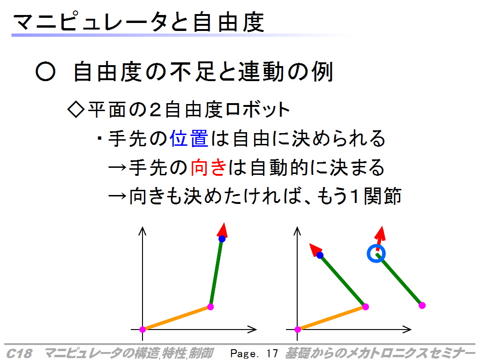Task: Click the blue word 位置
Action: tap(189, 139)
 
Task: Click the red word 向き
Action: tap(209, 167)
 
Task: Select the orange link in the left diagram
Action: tap(176, 318)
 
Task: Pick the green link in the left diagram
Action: tap(216, 272)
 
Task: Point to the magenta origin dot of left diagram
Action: tap(142, 330)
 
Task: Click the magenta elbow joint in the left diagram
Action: tap(210, 307)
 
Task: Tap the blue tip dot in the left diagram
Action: tap(222, 239)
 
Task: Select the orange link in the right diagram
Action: tap(331, 318)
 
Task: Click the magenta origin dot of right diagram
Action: tap(298, 330)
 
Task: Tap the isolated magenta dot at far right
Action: tap(422, 305)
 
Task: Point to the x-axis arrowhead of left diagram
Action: tap(252, 330)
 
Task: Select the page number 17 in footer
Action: tap(272, 353)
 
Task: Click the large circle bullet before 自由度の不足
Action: tap(45, 72)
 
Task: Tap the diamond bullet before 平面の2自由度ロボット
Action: tap(76, 109)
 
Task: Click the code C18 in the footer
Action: tap(19, 353)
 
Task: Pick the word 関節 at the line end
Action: tap(382, 196)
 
